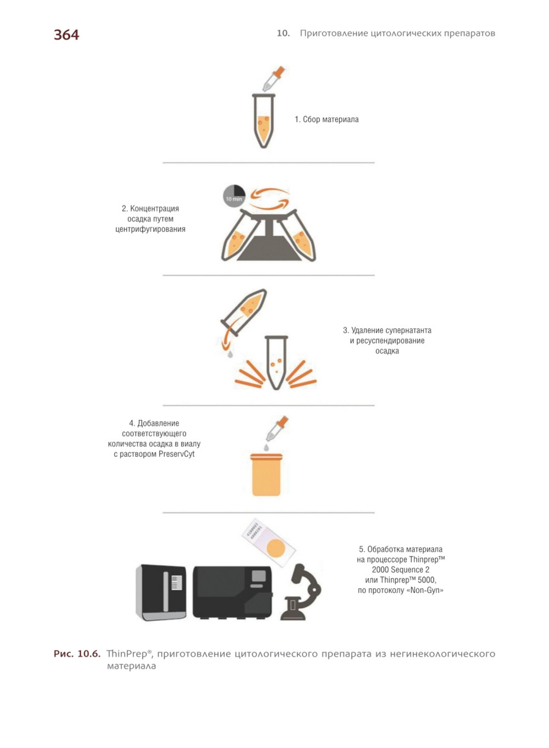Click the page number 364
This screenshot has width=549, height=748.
tap(66, 35)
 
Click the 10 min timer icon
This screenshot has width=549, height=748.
tap(234, 196)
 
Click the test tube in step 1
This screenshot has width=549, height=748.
tap(264, 121)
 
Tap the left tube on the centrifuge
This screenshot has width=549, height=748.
tap(239, 235)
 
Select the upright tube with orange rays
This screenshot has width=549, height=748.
tap(276, 363)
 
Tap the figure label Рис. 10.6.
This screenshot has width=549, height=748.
tap(77, 654)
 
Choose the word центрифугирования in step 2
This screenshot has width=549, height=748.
tap(150, 229)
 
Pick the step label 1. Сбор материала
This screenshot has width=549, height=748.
tap(327, 120)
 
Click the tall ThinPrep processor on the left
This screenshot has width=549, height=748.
tap(161, 592)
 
